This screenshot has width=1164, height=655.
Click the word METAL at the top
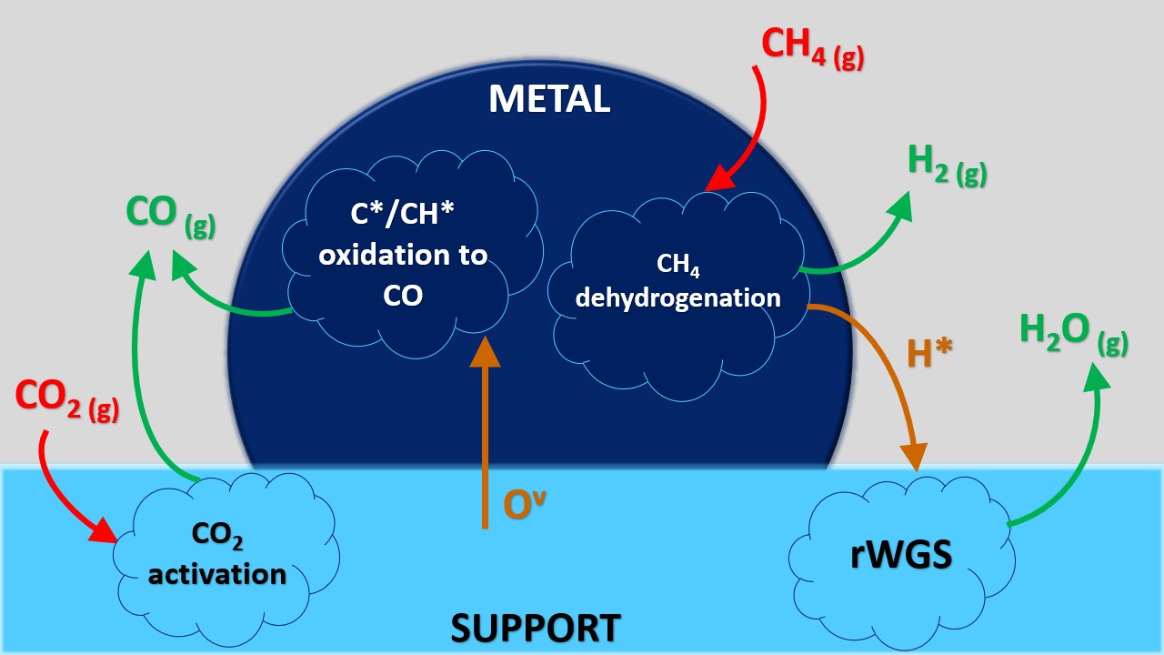pyautogui.click(x=549, y=99)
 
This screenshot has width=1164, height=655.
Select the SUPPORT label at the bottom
pyautogui.click(x=536, y=628)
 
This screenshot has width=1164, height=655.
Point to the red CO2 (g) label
pyautogui.click(x=67, y=400)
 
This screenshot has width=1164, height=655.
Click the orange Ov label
pyautogui.click(x=524, y=506)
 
